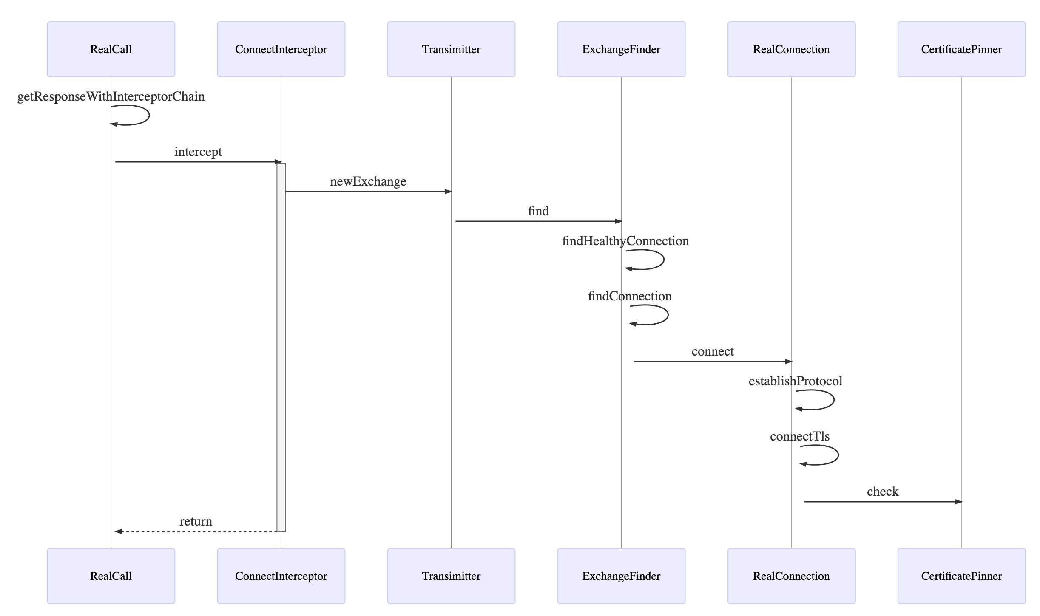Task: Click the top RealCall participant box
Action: (111, 49)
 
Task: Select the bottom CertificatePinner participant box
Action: (961, 576)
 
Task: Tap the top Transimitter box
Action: (451, 49)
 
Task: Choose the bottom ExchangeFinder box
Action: (621, 576)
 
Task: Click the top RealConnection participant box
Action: (791, 49)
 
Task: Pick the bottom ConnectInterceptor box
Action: (281, 576)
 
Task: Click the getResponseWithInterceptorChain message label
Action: (111, 96)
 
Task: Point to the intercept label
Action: (198, 152)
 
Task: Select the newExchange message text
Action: (368, 181)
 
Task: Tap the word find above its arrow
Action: (538, 211)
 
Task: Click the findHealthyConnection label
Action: (625, 241)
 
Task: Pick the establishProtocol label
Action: (796, 381)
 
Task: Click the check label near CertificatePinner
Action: (883, 492)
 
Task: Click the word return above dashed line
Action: (196, 521)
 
